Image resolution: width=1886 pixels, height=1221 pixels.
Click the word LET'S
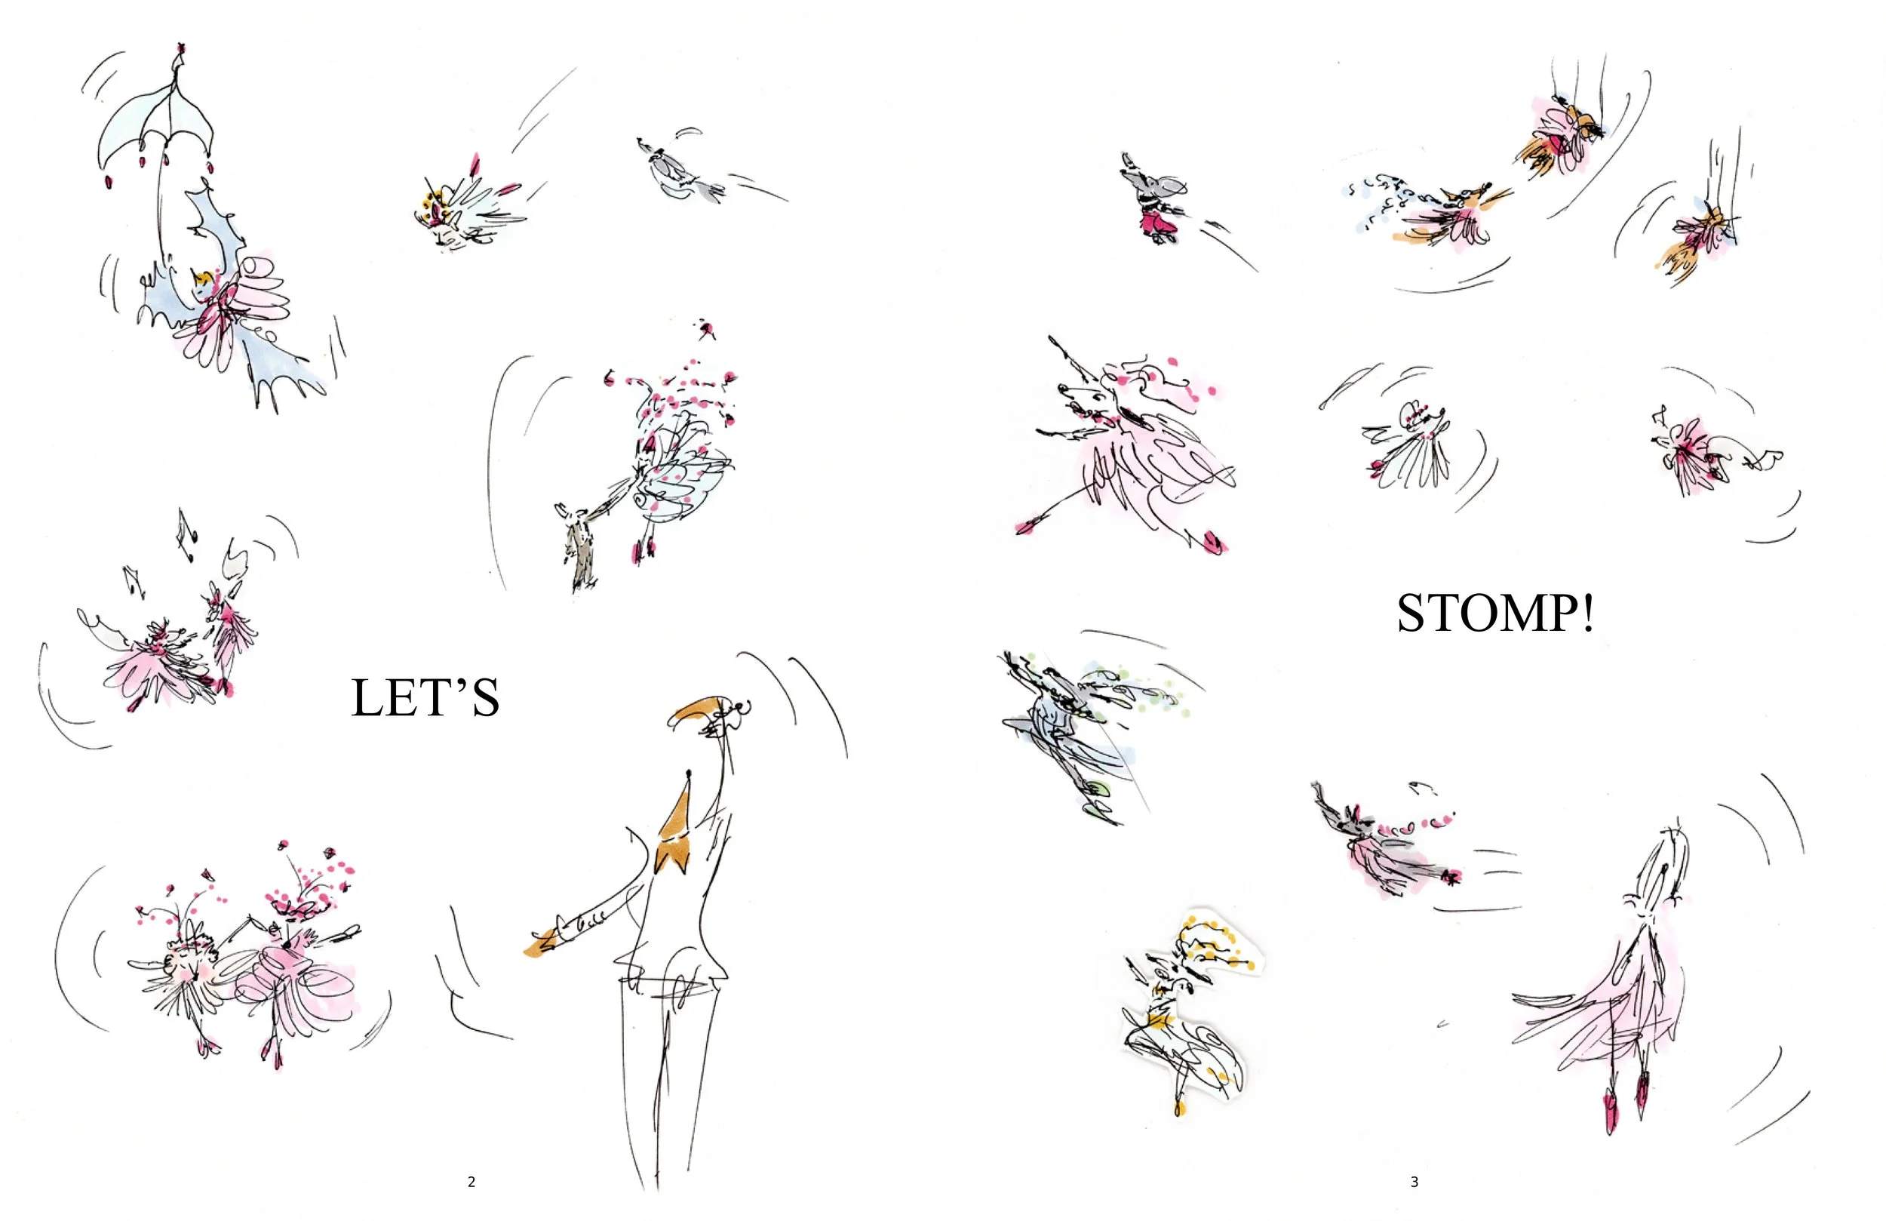425,698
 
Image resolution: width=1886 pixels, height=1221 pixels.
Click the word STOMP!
1495,614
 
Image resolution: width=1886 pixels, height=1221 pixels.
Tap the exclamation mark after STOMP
1588,614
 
